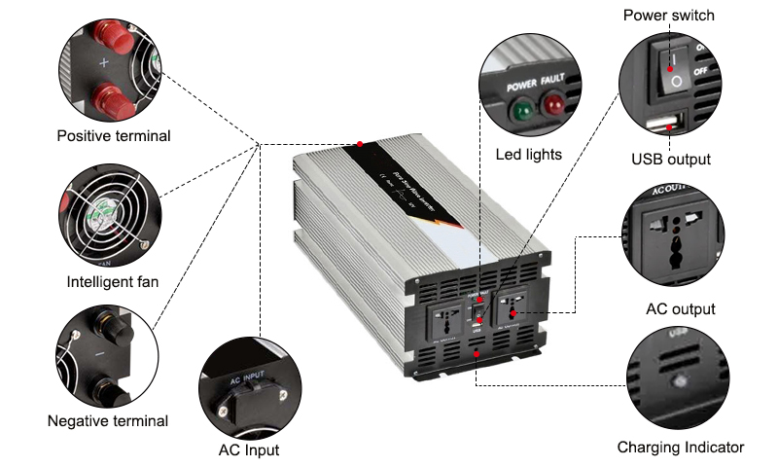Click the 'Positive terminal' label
pyautogui.click(x=114, y=136)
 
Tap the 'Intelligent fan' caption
pyautogui.click(x=113, y=283)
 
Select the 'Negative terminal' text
pyautogui.click(x=108, y=421)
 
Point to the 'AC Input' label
pyautogui.click(x=249, y=450)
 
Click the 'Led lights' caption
pyautogui.click(x=529, y=154)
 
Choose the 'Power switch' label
pyautogui.click(x=668, y=15)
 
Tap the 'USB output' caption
pyautogui.click(x=671, y=159)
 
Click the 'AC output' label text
pyautogui.click(x=681, y=309)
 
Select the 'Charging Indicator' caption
pyautogui.click(x=681, y=448)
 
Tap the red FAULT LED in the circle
pyautogui.click(x=552, y=103)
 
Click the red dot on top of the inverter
pyautogui.click(x=361, y=144)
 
